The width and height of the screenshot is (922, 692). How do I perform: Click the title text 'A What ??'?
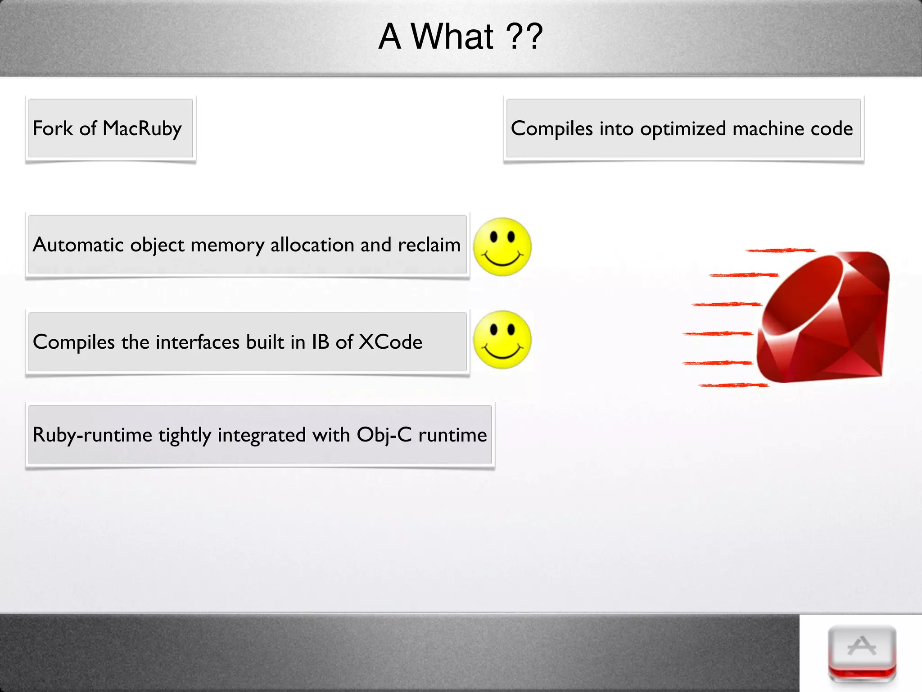click(460, 37)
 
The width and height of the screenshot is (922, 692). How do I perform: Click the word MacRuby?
click(142, 129)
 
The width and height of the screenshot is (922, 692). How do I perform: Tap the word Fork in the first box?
click(53, 128)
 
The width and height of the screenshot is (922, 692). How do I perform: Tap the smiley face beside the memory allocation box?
click(502, 247)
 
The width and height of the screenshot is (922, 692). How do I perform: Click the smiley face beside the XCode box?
click(502, 339)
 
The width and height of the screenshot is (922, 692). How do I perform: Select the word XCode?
click(390, 342)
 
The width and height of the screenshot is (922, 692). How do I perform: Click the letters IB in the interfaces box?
click(320, 342)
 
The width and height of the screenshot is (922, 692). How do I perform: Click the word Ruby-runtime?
click(92, 435)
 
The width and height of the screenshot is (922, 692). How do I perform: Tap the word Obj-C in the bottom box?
click(384, 435)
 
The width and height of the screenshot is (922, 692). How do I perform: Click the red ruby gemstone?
click(824, 318)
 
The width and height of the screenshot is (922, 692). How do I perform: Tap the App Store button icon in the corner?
click(862, 653)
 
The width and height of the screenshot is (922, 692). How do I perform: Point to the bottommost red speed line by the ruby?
click(734, 385)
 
